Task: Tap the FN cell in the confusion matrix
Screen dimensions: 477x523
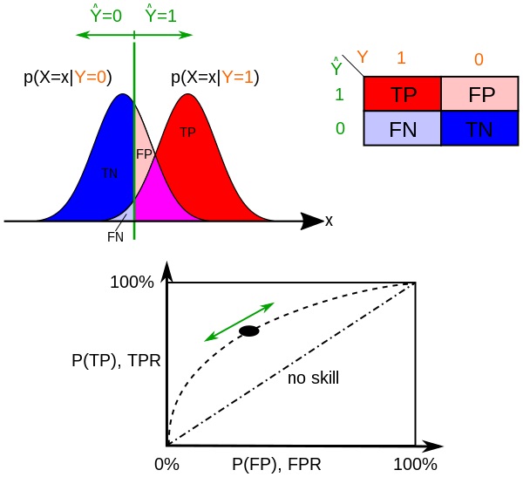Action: pos(403,129)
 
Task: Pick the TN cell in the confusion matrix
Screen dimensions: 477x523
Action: pos(481,129)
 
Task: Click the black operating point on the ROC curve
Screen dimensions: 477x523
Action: pos(249,330)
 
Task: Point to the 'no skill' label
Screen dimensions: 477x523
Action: pos(313,378)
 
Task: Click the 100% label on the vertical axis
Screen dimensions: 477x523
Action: pos(132,283)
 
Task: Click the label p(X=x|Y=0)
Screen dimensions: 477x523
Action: pos(67,77)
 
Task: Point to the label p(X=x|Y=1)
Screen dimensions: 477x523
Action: pos(214,77)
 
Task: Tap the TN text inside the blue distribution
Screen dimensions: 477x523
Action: pos(109,174)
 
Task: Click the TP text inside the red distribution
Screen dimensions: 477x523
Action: pos(188,133)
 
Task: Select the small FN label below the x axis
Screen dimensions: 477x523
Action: pos(115,235)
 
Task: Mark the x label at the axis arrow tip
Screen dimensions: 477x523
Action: pos(329,221)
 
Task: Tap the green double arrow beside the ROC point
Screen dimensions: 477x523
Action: pos(240,321)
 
